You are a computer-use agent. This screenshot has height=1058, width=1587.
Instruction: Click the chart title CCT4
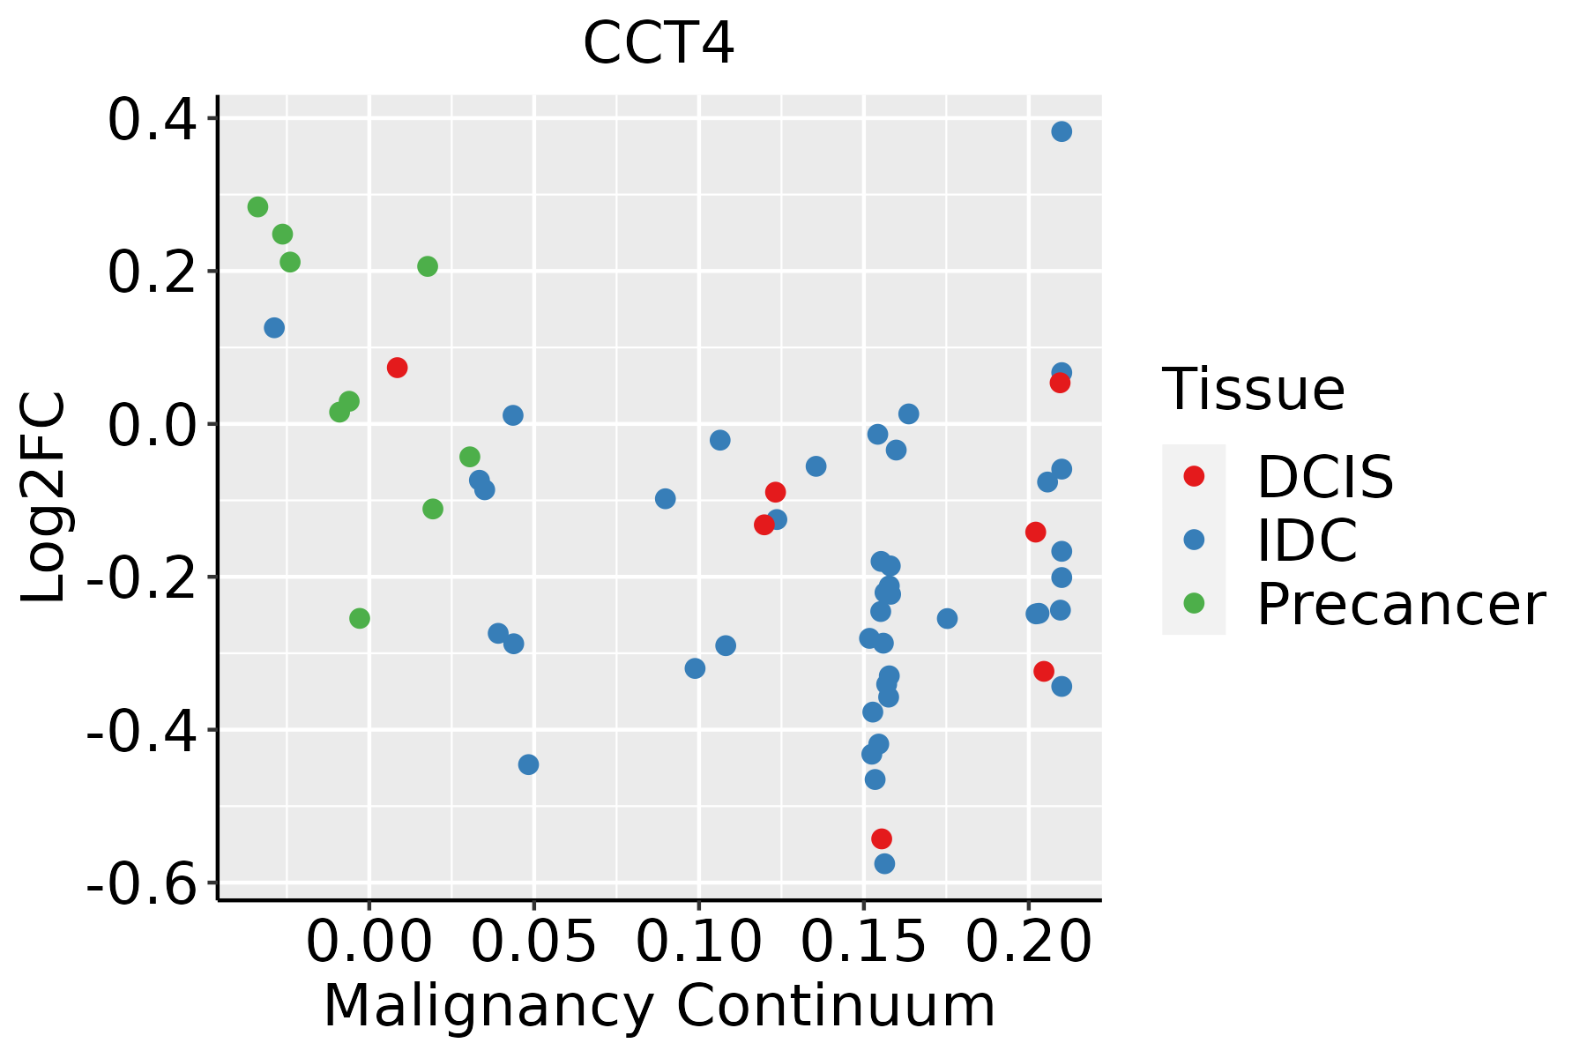tap(658, 44)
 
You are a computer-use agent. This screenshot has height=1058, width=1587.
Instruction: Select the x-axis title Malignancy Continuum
tap(659, 1007)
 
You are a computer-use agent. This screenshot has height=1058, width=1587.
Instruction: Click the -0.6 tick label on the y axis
tap(141, 883)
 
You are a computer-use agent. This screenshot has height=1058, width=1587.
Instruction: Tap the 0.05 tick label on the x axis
tap(533, 942)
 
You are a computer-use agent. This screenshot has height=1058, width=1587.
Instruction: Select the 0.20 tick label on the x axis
tap(1028, 942)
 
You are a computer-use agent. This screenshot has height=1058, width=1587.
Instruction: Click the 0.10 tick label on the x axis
tap(698, 942)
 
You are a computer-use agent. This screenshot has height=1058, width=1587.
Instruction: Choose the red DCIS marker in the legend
tap(1194, 476)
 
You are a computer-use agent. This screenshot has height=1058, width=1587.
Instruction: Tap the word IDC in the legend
tap(1307, 540)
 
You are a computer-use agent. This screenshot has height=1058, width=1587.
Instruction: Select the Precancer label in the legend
tap(1400, 605)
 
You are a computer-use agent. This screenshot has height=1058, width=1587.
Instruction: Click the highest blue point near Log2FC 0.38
tap(1062, 131)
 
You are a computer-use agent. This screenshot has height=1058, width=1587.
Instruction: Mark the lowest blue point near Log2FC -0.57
tap(884, 863)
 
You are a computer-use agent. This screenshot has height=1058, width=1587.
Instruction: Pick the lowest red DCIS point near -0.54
tap(882, 838)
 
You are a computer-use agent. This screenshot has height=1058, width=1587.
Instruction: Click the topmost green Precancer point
tap(257, 207)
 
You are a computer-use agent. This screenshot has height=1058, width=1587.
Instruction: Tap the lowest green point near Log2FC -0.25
tap(360, 618)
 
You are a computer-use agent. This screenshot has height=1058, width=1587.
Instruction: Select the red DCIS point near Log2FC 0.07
tap(397, 368)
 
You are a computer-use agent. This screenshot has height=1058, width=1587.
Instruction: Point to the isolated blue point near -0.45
tap(528, 764)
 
